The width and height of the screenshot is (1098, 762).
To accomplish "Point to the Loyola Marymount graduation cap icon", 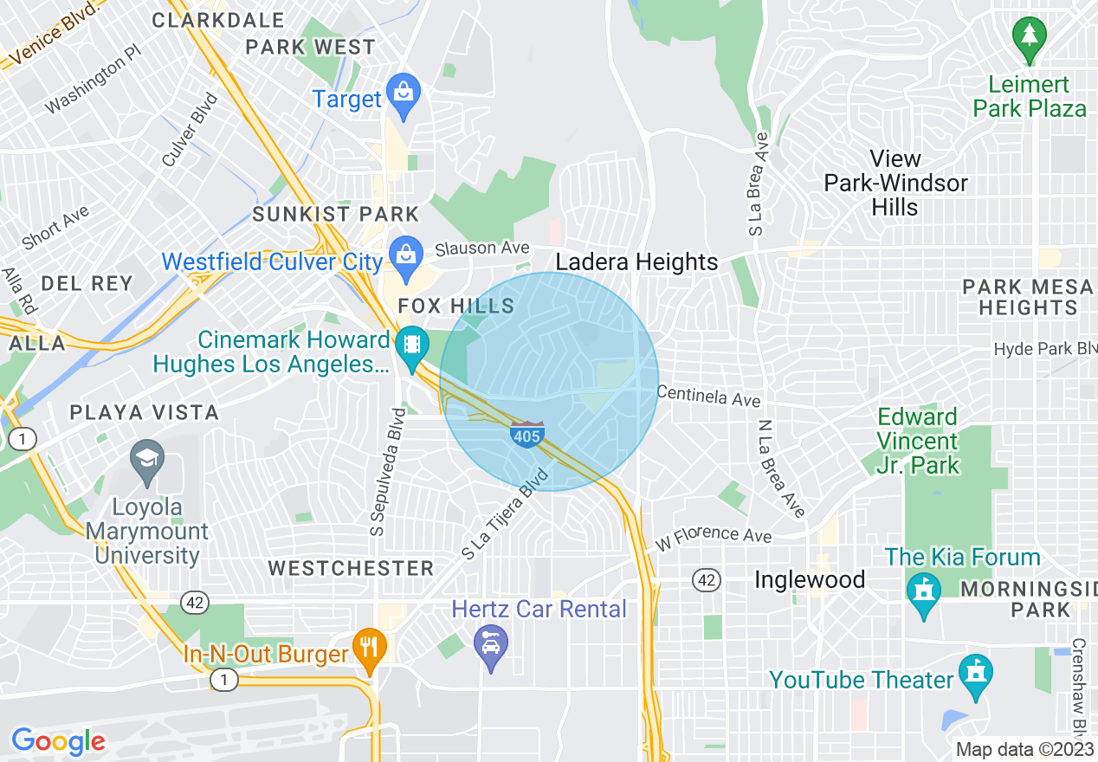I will coord(146,460).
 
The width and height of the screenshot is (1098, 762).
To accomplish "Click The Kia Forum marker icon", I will coord(924,592).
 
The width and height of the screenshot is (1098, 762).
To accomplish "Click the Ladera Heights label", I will coord(636,262).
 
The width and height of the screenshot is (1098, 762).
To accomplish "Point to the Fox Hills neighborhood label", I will coord(455,306).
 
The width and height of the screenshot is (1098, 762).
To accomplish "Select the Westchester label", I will coord(351,568).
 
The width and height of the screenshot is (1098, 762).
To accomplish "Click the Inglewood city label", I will coord(810,579).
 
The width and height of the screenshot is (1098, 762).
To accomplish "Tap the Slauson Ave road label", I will coord(482,249).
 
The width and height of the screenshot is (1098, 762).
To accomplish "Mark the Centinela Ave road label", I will coord(708,397).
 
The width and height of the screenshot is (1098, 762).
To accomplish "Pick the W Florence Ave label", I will coord(714,535).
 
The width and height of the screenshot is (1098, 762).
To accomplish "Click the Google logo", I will coord(58,741).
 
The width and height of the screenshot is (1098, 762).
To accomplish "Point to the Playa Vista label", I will coord(145,411).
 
